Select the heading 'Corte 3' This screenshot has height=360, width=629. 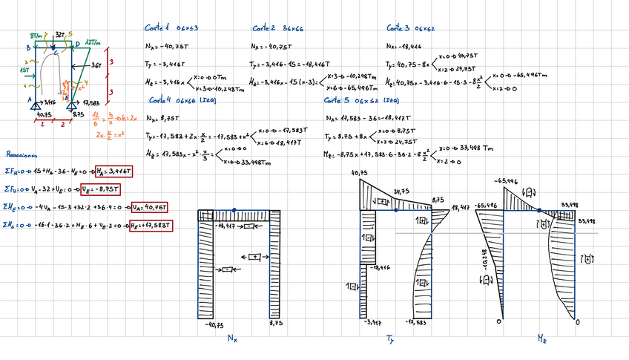point(398,28)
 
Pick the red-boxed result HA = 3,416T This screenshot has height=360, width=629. point(118,171)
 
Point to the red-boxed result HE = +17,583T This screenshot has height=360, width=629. point(152,225)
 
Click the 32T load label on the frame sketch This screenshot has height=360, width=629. point(60,35)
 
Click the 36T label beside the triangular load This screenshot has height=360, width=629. point(96,65)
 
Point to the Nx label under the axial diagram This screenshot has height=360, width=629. point(234,338)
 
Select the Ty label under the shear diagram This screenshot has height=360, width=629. point(390,339)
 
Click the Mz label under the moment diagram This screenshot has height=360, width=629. point(543,338)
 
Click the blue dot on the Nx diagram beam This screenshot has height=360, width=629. point(234,210)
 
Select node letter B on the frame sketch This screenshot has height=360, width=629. point(28,48)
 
